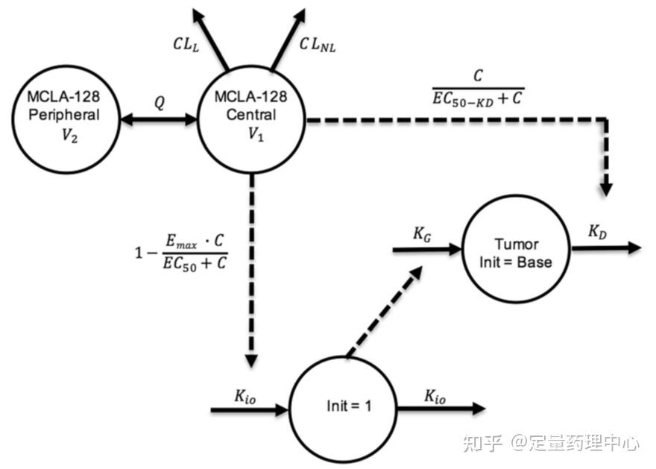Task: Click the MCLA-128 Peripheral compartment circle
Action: tap(63, 119)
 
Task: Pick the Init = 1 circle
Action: tap(344, 407)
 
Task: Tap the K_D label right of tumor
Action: tap(597, 231)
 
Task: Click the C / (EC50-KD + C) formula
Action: tap(477, 86)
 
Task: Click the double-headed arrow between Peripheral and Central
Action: tap(157, 119)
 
